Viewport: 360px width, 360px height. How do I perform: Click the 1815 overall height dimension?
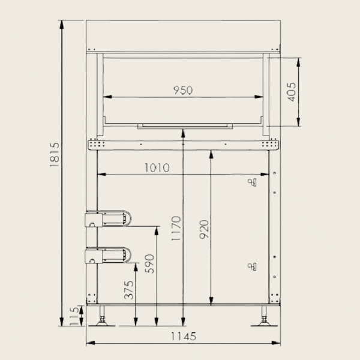point(55,155)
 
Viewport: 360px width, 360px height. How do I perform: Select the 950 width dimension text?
point(183,90)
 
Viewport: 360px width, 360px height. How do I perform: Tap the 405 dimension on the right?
point(292,92)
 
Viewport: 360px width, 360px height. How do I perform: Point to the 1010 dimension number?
point(157,168)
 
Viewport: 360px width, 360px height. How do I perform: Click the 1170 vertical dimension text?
point(176,228)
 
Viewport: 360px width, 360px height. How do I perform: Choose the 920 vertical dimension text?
point(204,229)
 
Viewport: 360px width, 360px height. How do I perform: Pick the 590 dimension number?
point(149,263)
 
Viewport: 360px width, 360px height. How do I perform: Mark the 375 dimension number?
point(128,290)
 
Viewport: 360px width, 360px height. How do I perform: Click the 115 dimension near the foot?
point(74,316)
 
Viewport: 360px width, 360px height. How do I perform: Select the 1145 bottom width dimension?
point(184,337)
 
